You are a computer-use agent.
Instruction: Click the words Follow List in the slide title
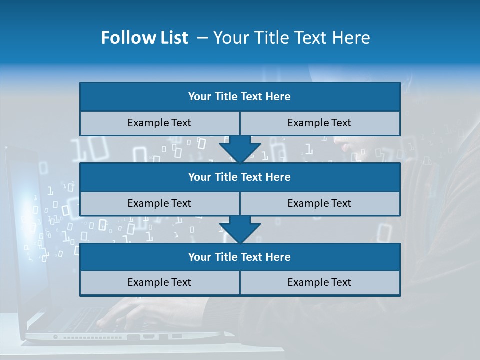click(144, 38)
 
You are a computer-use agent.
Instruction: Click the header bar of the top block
click(240, 97)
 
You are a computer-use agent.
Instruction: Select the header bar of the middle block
click(240, 177)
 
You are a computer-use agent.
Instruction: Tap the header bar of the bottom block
click(240, 257)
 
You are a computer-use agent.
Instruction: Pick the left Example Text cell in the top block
click(159, 123)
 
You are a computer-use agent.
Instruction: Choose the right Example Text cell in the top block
click(320, 123)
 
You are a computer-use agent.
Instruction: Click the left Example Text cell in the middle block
click(159, 203)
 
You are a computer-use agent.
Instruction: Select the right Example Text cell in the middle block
click(320, 203)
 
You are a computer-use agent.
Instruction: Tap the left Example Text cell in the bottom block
click(159, 282)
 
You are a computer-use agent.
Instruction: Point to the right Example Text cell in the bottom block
click(320, 282)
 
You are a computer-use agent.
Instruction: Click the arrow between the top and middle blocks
click(240, 150)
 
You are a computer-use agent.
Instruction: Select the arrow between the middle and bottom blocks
click(240, 230)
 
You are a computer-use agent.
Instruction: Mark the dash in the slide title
click(202, 38)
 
